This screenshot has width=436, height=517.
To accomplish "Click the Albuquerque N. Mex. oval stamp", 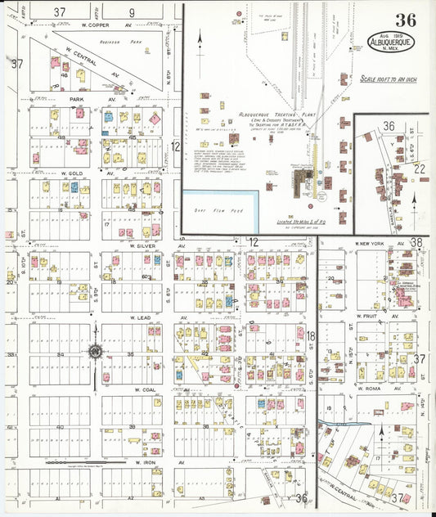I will coord(391,43).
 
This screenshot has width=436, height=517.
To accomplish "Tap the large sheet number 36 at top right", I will coord(404,20).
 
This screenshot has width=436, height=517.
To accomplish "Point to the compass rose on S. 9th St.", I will coord(95,352).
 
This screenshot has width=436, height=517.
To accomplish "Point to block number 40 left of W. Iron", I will coord(60,427).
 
